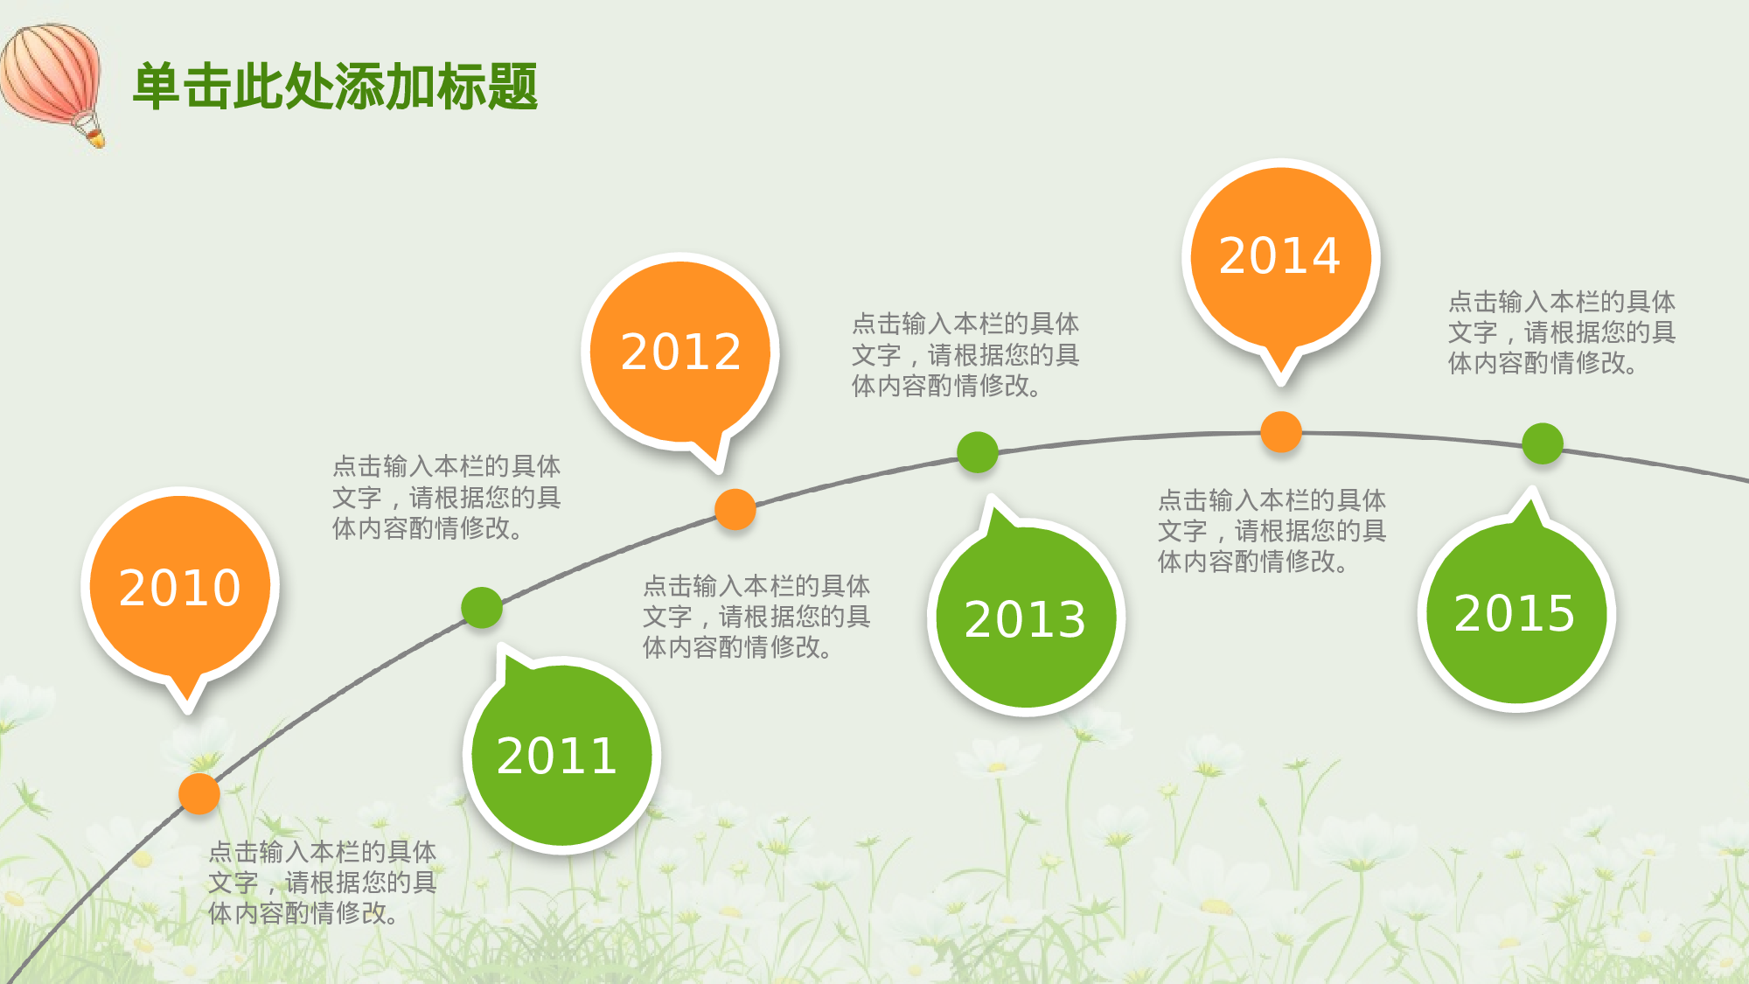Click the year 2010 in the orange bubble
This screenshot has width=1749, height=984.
click(180, 588)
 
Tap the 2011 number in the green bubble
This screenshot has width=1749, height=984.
click(557, 756)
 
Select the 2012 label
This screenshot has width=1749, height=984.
click(681, 352)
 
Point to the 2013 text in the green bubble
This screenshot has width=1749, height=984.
click(1026, 619)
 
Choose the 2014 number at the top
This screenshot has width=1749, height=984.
click(1280, 255)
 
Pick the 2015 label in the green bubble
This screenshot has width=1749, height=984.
click(1516, 613)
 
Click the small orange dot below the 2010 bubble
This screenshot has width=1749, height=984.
click(199, 794)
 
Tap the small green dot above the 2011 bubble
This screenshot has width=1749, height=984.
click(482, 608)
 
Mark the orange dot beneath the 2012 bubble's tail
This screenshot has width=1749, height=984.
click(735, 509)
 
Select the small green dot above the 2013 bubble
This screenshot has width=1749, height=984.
click(978, 452)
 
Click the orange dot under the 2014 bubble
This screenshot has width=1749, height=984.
click(1281, 432)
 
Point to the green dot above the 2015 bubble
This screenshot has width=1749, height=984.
click(1543, 443)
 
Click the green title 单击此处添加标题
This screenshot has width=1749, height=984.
click(335, 87)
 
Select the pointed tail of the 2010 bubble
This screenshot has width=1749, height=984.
click(187, 700)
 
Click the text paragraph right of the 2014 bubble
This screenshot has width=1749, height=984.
click(1561, 332)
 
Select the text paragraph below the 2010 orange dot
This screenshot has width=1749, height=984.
click(322, 883)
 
